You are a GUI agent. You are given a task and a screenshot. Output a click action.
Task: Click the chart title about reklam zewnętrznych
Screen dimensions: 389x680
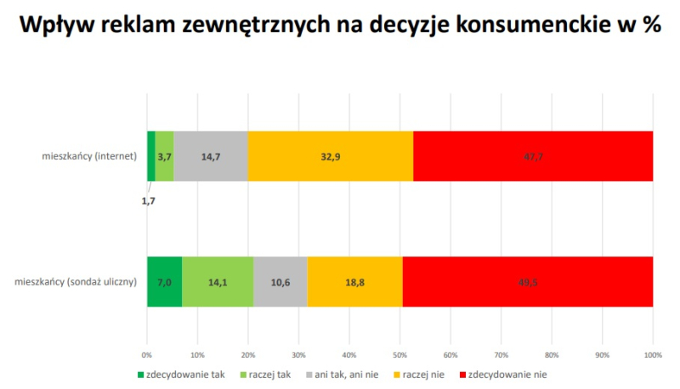click(340, 25)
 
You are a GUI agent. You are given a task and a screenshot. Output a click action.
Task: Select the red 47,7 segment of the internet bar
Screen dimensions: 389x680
click(533, 156)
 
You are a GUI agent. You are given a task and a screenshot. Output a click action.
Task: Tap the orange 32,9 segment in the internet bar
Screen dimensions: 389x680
click(331, 156)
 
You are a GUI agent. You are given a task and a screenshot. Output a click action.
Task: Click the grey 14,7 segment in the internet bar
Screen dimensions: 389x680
click(211, 156)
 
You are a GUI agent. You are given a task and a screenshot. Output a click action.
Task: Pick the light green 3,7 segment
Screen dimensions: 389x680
click(164, 156)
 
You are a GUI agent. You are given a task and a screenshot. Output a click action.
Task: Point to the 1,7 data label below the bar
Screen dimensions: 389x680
click(148, 200)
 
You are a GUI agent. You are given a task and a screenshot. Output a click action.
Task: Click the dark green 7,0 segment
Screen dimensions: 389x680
click(164, 281)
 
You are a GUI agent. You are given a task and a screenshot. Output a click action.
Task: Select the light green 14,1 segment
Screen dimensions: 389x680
click(218, 281)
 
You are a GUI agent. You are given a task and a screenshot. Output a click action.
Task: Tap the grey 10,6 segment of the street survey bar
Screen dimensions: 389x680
click(280, 281)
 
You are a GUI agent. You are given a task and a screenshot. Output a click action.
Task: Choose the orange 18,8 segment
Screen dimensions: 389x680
click(354, 281)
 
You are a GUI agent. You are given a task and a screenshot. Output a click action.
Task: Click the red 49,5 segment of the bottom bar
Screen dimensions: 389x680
click(528, 281)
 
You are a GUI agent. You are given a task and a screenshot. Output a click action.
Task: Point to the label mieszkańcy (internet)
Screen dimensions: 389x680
click(89, 156)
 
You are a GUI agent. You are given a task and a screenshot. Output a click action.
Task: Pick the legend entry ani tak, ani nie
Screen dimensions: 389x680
click(343, 373)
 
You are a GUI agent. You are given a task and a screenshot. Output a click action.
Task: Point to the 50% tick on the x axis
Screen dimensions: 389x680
click(399, 354)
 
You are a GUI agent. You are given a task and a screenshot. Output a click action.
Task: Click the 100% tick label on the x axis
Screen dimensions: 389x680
click(652, 354)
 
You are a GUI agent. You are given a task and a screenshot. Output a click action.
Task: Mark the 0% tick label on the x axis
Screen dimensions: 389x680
click(147, 354)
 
